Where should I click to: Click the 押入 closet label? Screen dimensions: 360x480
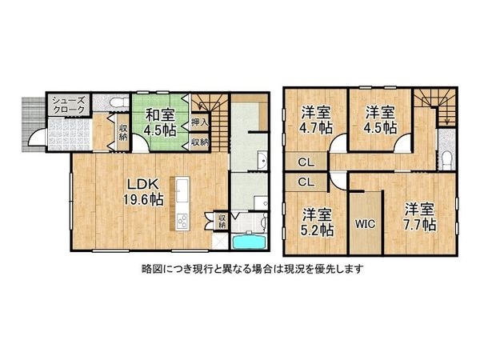click(199, 123)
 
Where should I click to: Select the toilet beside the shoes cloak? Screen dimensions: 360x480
click(114, 102)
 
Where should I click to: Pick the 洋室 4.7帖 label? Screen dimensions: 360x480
click(316, 119)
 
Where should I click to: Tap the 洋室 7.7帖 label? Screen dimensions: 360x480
click(418, 217)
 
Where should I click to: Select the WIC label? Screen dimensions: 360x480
click(366, 224)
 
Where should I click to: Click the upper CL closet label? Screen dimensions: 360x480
click(306, 162)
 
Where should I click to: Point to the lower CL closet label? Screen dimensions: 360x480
click(306, 182)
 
